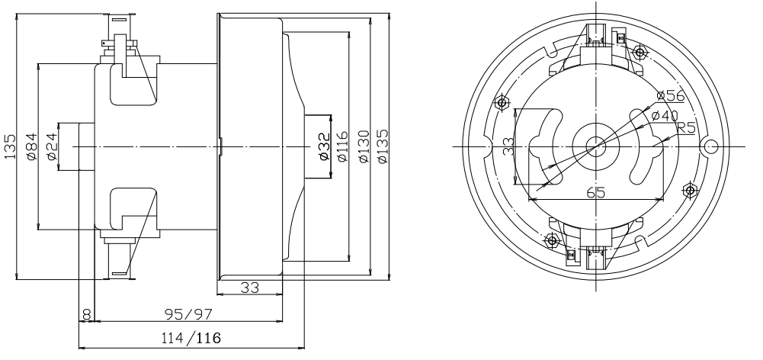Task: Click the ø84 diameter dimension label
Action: (31, 146)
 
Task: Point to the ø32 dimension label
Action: (324, 146)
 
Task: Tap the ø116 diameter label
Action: (342, 146)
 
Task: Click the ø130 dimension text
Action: (364, 146)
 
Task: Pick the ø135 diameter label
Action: (383, 146)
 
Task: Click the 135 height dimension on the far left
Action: (10, 146)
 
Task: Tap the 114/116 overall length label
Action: (191, 338)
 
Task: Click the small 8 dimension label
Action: (86, 315)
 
